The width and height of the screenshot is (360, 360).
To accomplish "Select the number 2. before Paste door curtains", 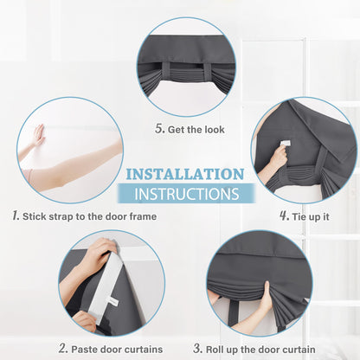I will point(62,348).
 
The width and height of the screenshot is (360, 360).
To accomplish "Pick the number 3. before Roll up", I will point(199,348).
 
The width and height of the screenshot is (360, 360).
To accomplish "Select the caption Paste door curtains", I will point(112,349).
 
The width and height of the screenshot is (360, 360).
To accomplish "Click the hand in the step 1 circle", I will point(39,134).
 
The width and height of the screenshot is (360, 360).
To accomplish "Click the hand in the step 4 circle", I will point(277,158).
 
